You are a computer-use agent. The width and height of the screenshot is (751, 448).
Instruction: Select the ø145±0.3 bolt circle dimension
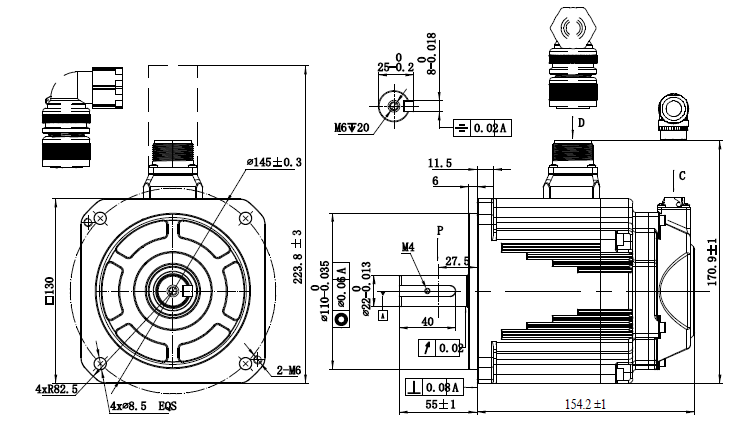[x=274, y=161]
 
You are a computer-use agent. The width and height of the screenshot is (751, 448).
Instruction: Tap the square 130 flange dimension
[x=49, y=290]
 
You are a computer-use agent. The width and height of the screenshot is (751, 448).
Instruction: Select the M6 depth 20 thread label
[x=352, y=128]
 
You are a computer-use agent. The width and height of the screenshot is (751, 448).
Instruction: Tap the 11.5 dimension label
[x=440, y=162]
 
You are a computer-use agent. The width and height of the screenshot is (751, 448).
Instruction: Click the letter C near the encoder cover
[x=681, y=176]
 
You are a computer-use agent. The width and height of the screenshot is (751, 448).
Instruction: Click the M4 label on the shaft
[x=408, y=246]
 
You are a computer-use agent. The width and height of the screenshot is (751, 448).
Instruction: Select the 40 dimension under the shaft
[x=428, y=322]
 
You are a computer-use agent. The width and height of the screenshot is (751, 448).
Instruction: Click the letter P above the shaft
[x=438, y=230]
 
